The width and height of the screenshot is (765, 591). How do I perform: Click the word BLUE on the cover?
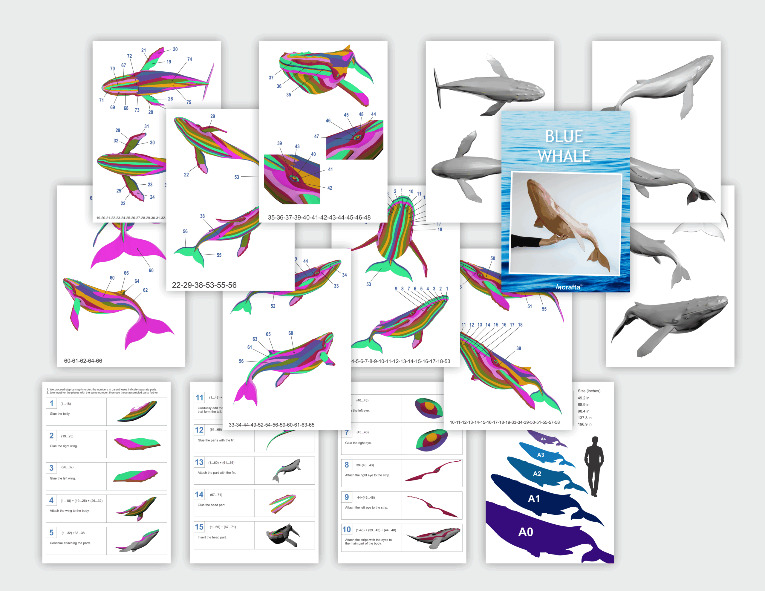click(564, 136)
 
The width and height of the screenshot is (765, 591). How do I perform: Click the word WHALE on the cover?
click(564, 156)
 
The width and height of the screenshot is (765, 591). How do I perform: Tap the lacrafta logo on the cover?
click(568, 287)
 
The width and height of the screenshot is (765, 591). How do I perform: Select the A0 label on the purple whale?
click(525, 532)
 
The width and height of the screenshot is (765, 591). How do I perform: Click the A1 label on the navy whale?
click(533, 498)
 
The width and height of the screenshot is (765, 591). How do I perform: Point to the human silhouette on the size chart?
click(594, 466)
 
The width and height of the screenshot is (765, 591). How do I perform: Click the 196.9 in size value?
click(584, 424)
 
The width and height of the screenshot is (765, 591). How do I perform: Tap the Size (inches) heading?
click(589, 391)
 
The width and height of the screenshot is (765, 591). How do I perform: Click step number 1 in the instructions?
click(51, 403)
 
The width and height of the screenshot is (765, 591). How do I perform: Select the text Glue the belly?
click(59, 414)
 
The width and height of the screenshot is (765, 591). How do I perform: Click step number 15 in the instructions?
click(199, 527)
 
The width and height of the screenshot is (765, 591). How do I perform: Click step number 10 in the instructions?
click(346, 530)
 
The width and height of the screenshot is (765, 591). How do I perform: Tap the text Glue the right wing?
click(63, 446)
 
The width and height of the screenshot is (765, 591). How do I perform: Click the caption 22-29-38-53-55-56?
click(204, 285)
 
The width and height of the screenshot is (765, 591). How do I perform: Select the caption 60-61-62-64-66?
click(83, 361)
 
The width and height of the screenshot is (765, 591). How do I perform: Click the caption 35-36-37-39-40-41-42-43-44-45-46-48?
click(319, 218)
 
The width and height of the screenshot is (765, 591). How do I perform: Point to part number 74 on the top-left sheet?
click(189, 59)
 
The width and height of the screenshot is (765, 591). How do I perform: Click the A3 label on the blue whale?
click(541, 455)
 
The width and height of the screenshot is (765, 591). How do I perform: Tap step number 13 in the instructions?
click(199, 463)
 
